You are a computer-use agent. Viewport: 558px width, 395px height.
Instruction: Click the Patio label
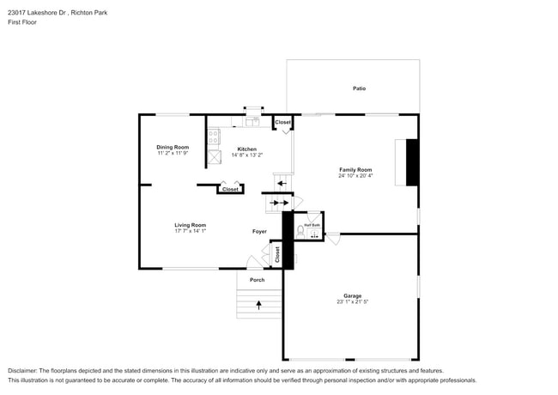pyautogui.click(x=359, y=88)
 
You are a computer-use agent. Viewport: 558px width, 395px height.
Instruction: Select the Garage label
pyautogui.click(x=353, y=295)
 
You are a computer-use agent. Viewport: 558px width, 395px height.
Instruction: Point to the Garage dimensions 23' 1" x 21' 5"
pyautogui.click(x=353, y=302)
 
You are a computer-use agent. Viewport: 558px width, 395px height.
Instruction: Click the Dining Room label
pyautogui.click(x=172, y=147)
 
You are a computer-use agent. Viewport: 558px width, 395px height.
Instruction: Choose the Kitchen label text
pyautogui.click(x=246, y=149)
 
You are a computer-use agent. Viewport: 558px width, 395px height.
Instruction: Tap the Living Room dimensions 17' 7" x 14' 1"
pyautogui.click(x=191, y=231)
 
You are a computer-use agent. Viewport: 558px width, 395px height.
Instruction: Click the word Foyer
pyautogui.click(x=258, y=231)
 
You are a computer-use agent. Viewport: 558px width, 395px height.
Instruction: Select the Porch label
pyautogui.click(x=257, y=280)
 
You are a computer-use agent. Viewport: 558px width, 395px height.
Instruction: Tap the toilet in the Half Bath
pyautogui.click(x=300, y=230)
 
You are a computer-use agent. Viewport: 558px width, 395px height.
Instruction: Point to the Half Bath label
pyautogui.click(x=312, y=225)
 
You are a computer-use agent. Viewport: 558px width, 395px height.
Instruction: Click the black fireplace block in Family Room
pyautogui.click(x=412, y=161)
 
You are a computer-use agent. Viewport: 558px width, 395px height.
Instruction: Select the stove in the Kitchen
pyautogui.click(x=212, y=137)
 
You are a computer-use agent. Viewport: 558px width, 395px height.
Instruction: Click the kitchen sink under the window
pyautogui.click(x=252, y=122)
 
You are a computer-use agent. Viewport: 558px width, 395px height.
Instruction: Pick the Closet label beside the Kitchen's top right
pyautogui.click(x=282, y=123)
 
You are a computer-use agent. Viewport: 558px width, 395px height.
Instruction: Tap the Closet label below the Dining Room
pyautogui.click(x=230, y=189)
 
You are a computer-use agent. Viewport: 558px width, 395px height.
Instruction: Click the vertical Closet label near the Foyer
pyautogui.click(x=277, y=253)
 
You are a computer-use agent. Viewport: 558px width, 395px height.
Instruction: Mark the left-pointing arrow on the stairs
pyautogui.click(x=276, y=204)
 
